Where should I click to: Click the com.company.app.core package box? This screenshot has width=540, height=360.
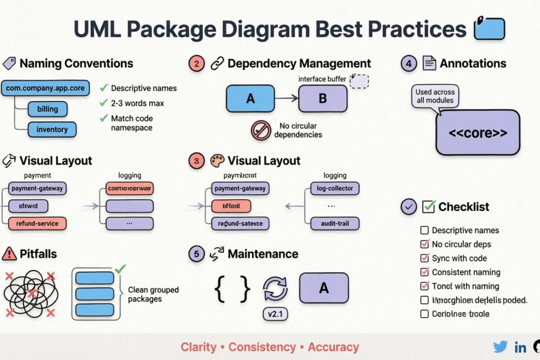point(45,88)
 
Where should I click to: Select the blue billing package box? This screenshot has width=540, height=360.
point(47,109)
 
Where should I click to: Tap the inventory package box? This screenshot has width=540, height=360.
point(52,130)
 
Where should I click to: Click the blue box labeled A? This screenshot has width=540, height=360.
point(250,98)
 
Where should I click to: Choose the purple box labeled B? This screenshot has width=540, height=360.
point(323,98)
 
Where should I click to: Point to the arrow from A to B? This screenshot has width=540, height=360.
point(286,98)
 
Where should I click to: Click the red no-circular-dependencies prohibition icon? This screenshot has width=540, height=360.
point(260,130)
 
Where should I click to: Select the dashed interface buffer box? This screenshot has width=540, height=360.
point(359,81)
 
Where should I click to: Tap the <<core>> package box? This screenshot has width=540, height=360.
point(478,133)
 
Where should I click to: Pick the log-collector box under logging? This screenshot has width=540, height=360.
point(335,188)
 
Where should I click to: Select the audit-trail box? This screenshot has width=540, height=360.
point(335,223)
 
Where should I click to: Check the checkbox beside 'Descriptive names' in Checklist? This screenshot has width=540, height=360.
point(424,230)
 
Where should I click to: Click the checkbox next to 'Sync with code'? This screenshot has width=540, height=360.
point(424,258)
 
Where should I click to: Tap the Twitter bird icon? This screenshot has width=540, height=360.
point(500,347)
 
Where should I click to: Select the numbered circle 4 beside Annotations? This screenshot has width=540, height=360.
point(409,64)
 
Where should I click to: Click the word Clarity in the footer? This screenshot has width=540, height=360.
point(198,347)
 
